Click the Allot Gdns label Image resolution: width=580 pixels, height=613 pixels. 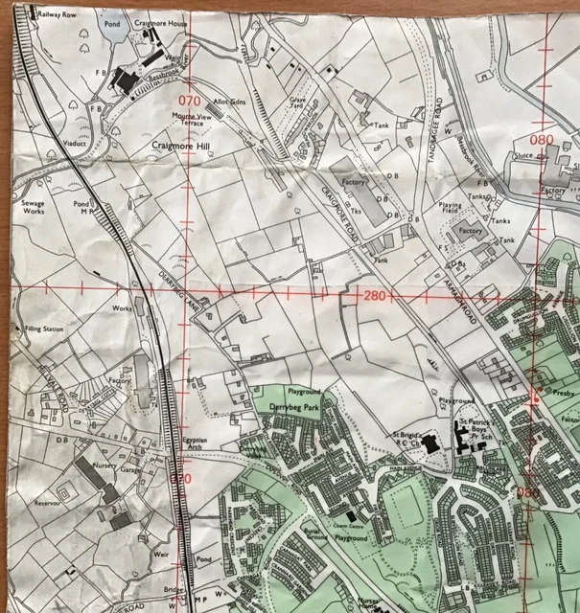(231, 101)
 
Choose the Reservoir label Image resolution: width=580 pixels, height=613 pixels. (45, 501)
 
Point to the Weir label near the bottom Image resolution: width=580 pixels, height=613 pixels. (159, 553)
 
